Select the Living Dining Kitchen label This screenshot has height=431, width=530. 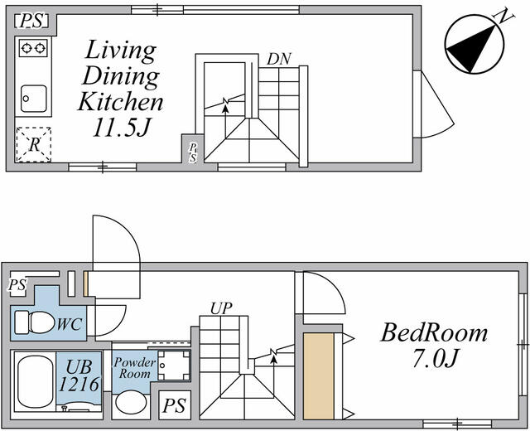120,76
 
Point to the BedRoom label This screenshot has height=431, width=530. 434,333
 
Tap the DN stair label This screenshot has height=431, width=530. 277,60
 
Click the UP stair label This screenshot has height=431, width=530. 220,308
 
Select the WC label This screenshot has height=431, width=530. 69,323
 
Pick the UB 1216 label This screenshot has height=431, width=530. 79,375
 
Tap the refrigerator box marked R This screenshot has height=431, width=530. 34,143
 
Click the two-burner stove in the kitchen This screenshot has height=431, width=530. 34,49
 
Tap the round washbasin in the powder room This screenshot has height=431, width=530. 130,404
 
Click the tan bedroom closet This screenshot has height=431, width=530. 317,375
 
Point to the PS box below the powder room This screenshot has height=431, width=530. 174,406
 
